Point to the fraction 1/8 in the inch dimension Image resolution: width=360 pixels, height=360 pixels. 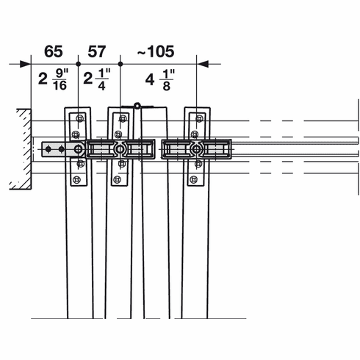pos(168,79)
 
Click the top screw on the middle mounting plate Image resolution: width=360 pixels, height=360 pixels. pos(122,118)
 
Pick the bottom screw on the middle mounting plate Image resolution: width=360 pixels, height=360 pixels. pos(120,179)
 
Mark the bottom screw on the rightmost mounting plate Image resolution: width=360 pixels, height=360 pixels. pos(193,179)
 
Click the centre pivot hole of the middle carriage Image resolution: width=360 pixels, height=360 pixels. pos(120,149)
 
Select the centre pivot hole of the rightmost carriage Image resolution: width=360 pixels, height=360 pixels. pos(195,149)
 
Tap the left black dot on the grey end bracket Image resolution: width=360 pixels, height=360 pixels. pos(48,149)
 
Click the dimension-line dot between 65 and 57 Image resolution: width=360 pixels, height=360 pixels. pos(78,64)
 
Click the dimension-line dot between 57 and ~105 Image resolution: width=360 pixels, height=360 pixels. pos(120,64)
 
